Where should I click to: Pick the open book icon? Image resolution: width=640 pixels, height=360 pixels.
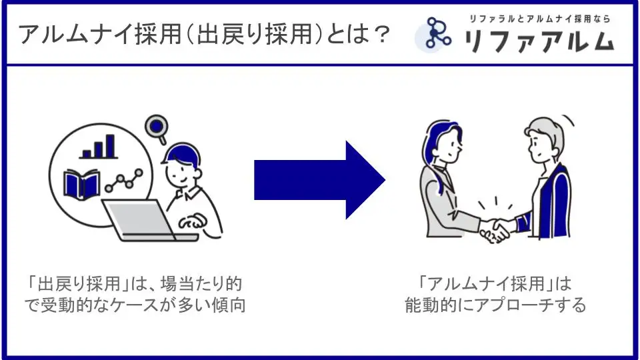click(x=81, y=183)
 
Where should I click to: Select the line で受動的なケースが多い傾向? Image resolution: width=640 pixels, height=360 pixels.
click(x=136, y=306)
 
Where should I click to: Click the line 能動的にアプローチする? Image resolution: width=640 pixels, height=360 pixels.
click(x=495, y=306)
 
